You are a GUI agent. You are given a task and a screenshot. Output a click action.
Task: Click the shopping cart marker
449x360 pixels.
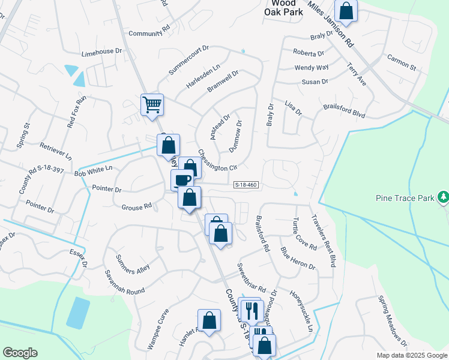(x=152, y=104)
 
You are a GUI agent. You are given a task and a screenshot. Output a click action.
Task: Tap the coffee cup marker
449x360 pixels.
(x=182, y=179)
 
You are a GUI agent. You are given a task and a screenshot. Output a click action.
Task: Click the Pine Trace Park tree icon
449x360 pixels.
(x=443, y=197)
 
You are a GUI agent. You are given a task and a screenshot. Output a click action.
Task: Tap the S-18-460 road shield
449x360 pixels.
(x=246, y=185)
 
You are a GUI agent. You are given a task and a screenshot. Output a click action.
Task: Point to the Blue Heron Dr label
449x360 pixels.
(x=298, y=257)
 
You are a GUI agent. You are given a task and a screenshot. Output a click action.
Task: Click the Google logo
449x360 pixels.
(x=20, y=353)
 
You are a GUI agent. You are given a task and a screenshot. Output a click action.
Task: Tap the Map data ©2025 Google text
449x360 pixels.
(x=412, y=355)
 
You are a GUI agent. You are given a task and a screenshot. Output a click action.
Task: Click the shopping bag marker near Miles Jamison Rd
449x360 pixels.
(x=346, y=11)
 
